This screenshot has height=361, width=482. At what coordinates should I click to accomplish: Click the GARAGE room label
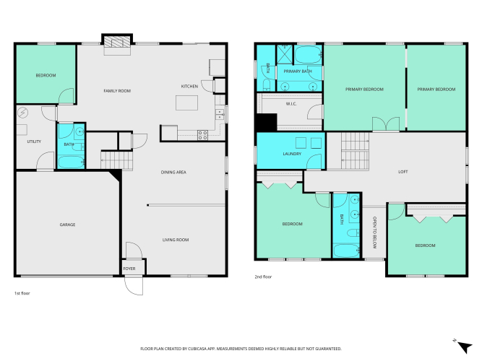[x=67, y=225]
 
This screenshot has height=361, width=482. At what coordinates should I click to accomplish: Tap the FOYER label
[x=129, y=269]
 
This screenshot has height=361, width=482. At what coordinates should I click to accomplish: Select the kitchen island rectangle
[x=186, y=103]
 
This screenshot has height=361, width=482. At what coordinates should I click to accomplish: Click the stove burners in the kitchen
[x=202, y=135]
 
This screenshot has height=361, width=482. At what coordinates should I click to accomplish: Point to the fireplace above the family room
[x=117, y=42]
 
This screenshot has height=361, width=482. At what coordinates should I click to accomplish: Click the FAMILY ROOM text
[x=117, y=91]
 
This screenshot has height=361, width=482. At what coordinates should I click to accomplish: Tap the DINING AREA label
[x=173, y=173]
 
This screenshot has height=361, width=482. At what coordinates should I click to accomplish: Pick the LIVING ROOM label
[x=176, y=240]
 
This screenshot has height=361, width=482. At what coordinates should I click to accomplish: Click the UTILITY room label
[x=34, y=142]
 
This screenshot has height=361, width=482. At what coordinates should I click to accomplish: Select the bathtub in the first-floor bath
[x=71, y=162]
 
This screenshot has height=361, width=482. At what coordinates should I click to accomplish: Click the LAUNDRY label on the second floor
[x=292, y=154]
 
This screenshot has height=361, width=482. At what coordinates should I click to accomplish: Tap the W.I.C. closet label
[x=291, y=104]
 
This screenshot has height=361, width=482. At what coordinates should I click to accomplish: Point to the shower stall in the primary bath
[x=284, y=54]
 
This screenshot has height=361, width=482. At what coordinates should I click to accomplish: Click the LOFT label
[x=403, y=172]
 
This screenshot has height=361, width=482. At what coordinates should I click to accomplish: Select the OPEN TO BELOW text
[x=374, y=232]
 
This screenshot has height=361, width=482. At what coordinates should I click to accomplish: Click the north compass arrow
[x=465, y=347]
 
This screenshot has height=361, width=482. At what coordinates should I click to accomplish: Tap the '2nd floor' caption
[x=263, y=277]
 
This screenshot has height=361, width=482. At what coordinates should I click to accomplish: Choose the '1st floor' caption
[x=22, y=293]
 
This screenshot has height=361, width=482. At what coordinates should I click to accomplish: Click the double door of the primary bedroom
[x=386, y=123]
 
